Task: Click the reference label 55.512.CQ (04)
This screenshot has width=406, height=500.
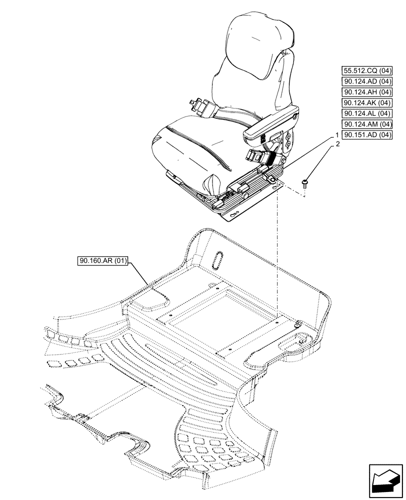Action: tap(367, 70)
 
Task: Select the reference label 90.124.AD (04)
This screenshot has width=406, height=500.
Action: tap(367, 81)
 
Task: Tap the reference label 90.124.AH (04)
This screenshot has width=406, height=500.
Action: tap(367, 92)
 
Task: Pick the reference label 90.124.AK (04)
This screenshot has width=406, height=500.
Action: tap(367, 102)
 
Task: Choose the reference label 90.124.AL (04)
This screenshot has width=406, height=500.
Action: tap(367, 113)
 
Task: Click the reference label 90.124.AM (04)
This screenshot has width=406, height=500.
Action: tap(367, 124)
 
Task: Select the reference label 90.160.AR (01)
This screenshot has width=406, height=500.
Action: tap(103, 260)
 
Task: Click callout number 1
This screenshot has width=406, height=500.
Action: tap(337, 135)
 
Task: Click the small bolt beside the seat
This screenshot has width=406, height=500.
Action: tap(304, 183)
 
